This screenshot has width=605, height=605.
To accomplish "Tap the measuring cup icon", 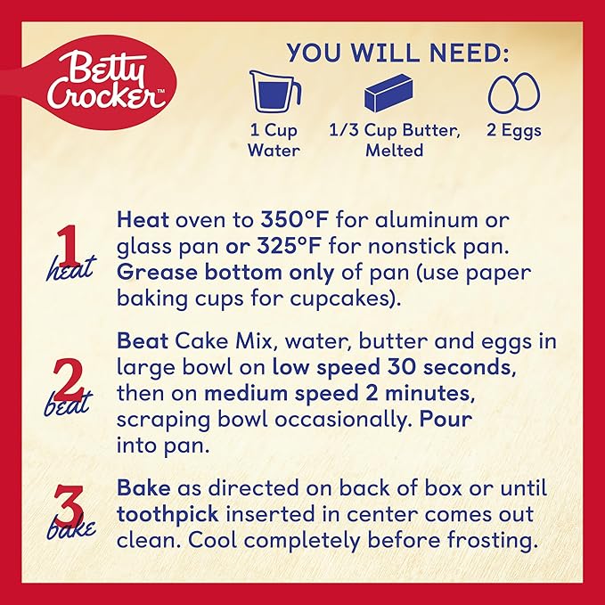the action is tap(274, 92).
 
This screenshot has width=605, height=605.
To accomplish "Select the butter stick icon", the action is tap(388, 94).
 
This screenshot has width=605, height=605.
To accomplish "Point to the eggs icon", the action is tap(514, 93).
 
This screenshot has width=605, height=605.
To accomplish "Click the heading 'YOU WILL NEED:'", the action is tap(397, 53).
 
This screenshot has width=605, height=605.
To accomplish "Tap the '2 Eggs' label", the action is tap(514, 130).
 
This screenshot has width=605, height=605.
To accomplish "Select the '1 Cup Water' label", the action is tap(274, 140).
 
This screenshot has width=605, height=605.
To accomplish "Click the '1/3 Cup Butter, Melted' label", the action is tap(395, 140).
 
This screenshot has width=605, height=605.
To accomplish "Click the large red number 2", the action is tap(69, 380).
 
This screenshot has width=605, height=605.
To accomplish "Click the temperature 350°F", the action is tap(295, 219).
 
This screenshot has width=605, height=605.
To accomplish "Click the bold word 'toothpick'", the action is tap(168, 514).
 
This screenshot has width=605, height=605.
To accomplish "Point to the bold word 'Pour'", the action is tap(446, 419).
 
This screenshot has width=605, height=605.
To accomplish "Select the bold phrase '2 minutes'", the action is tap(416, 393).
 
